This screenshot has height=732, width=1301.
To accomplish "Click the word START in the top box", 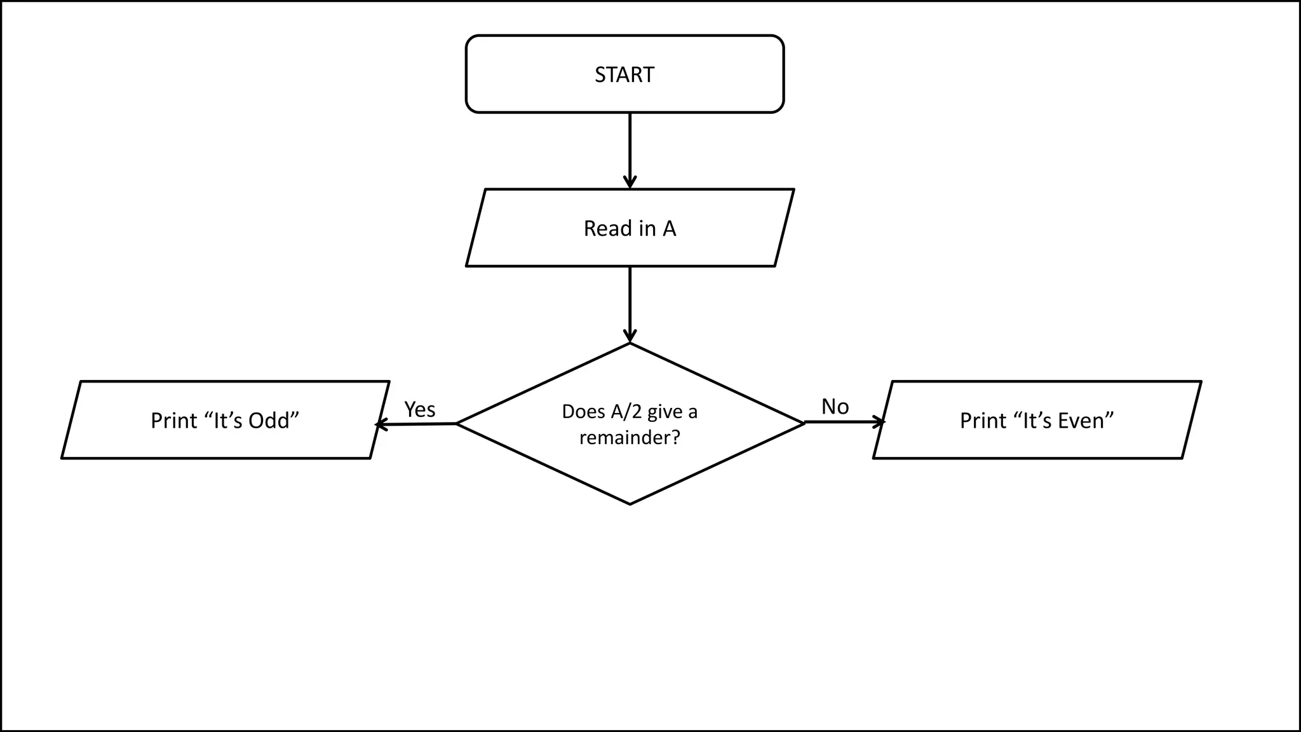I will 624,75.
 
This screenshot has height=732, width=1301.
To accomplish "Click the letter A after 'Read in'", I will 669,229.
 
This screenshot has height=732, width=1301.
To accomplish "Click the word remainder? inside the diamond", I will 630,438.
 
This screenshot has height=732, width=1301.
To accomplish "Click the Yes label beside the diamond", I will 420,409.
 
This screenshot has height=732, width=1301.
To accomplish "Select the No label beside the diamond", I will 835,407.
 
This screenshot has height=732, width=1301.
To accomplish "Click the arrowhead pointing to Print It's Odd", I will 380,424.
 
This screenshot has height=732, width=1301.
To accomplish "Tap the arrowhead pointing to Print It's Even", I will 880,422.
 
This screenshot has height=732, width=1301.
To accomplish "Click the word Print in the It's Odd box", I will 173,421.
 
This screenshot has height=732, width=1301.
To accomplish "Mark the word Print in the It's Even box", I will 983,421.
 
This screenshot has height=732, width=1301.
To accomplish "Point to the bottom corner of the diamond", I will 630,504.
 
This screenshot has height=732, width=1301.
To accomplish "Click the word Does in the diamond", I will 583,412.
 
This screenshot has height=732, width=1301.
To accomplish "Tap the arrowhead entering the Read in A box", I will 630,183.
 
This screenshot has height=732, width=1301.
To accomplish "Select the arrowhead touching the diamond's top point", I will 630,337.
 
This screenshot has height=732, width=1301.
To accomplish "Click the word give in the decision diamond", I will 664,412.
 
